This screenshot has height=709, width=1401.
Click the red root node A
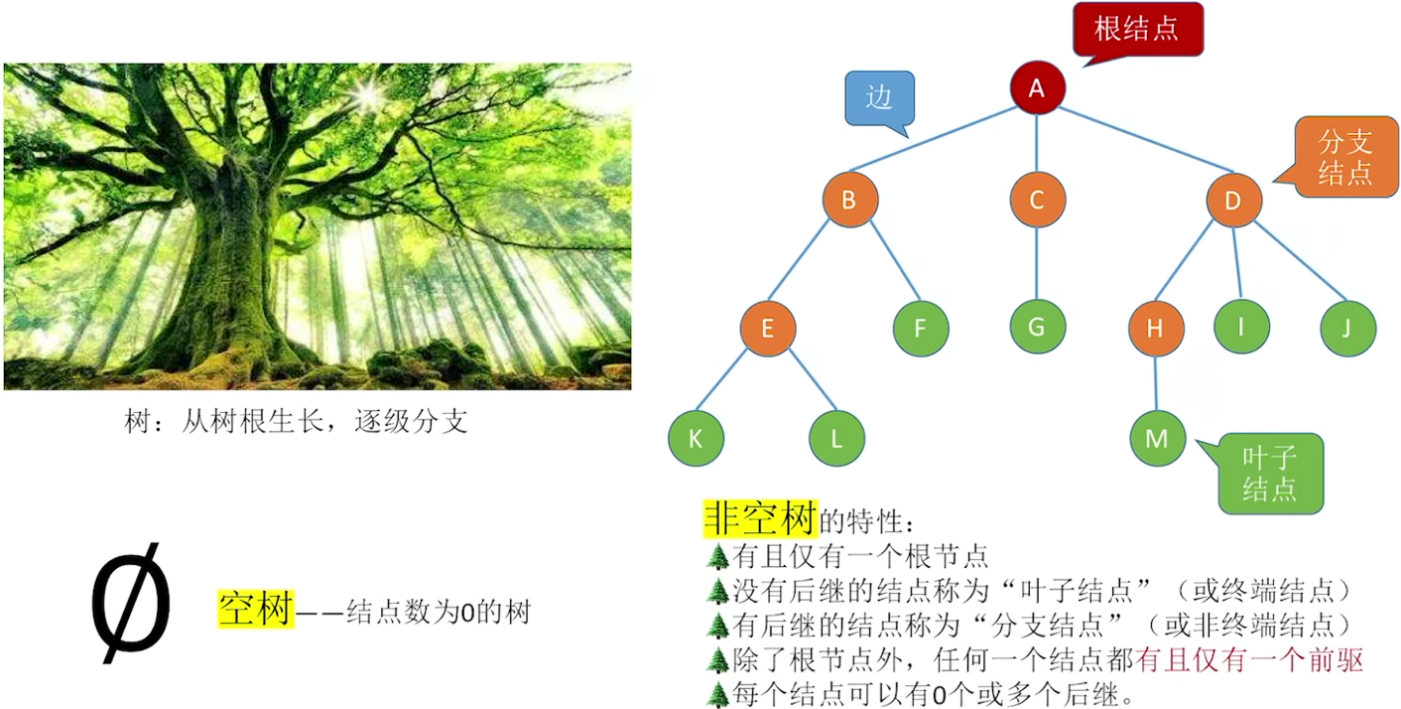tap(1037, 89)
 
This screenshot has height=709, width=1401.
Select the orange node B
tap(849, 201)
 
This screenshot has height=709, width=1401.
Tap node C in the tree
tap(1037, 201)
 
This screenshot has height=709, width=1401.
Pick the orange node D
tap(1233, 201)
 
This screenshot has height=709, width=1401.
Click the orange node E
tap(768, 328)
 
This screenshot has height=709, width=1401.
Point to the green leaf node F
tap(921, 328)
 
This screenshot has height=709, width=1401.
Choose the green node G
tap(1038, 327)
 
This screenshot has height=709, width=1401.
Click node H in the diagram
tap(1156, 328)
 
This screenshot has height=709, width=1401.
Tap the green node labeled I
tap(1241, 326)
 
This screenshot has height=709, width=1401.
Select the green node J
tap(1347, 328)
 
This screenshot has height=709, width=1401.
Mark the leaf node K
tap(695, 438)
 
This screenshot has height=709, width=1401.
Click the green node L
tap(836, 438)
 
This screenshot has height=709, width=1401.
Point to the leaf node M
tap(1158, 438)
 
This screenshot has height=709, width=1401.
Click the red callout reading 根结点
tap(1137, 29)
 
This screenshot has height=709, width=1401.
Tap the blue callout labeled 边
tap(879, 98)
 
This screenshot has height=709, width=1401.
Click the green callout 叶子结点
tap(1270, 473)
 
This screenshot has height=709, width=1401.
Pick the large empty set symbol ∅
tap(131, 602)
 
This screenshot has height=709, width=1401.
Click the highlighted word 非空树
tap(760, 517)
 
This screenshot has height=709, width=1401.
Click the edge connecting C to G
tap(1037, 263)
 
